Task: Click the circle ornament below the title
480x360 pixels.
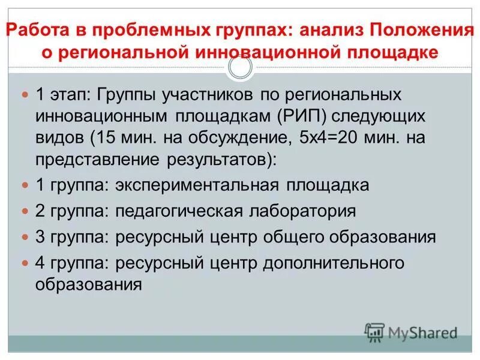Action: (241, 68)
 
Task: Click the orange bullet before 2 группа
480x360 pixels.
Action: (25, 212)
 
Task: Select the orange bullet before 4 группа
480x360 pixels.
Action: (25, 263)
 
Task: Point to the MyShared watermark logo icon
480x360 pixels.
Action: (374, 331)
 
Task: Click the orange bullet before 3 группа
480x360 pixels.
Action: (25, 238)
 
